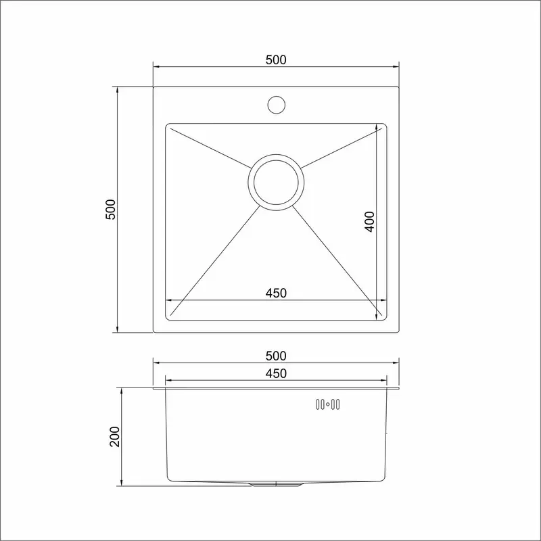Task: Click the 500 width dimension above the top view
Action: tap(276, 60)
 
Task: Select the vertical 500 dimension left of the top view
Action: tap(110, 210)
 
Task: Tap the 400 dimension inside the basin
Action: tap(369, 222)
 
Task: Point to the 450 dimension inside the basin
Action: tap(276, 293)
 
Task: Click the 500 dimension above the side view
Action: tap(276, 356)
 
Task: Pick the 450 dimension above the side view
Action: tap(276, 374)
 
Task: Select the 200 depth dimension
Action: tap(114, 437)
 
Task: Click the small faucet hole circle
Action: tap(277, 105)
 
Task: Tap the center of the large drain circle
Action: tap(276, 182)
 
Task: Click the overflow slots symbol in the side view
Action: tap(328, 404)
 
